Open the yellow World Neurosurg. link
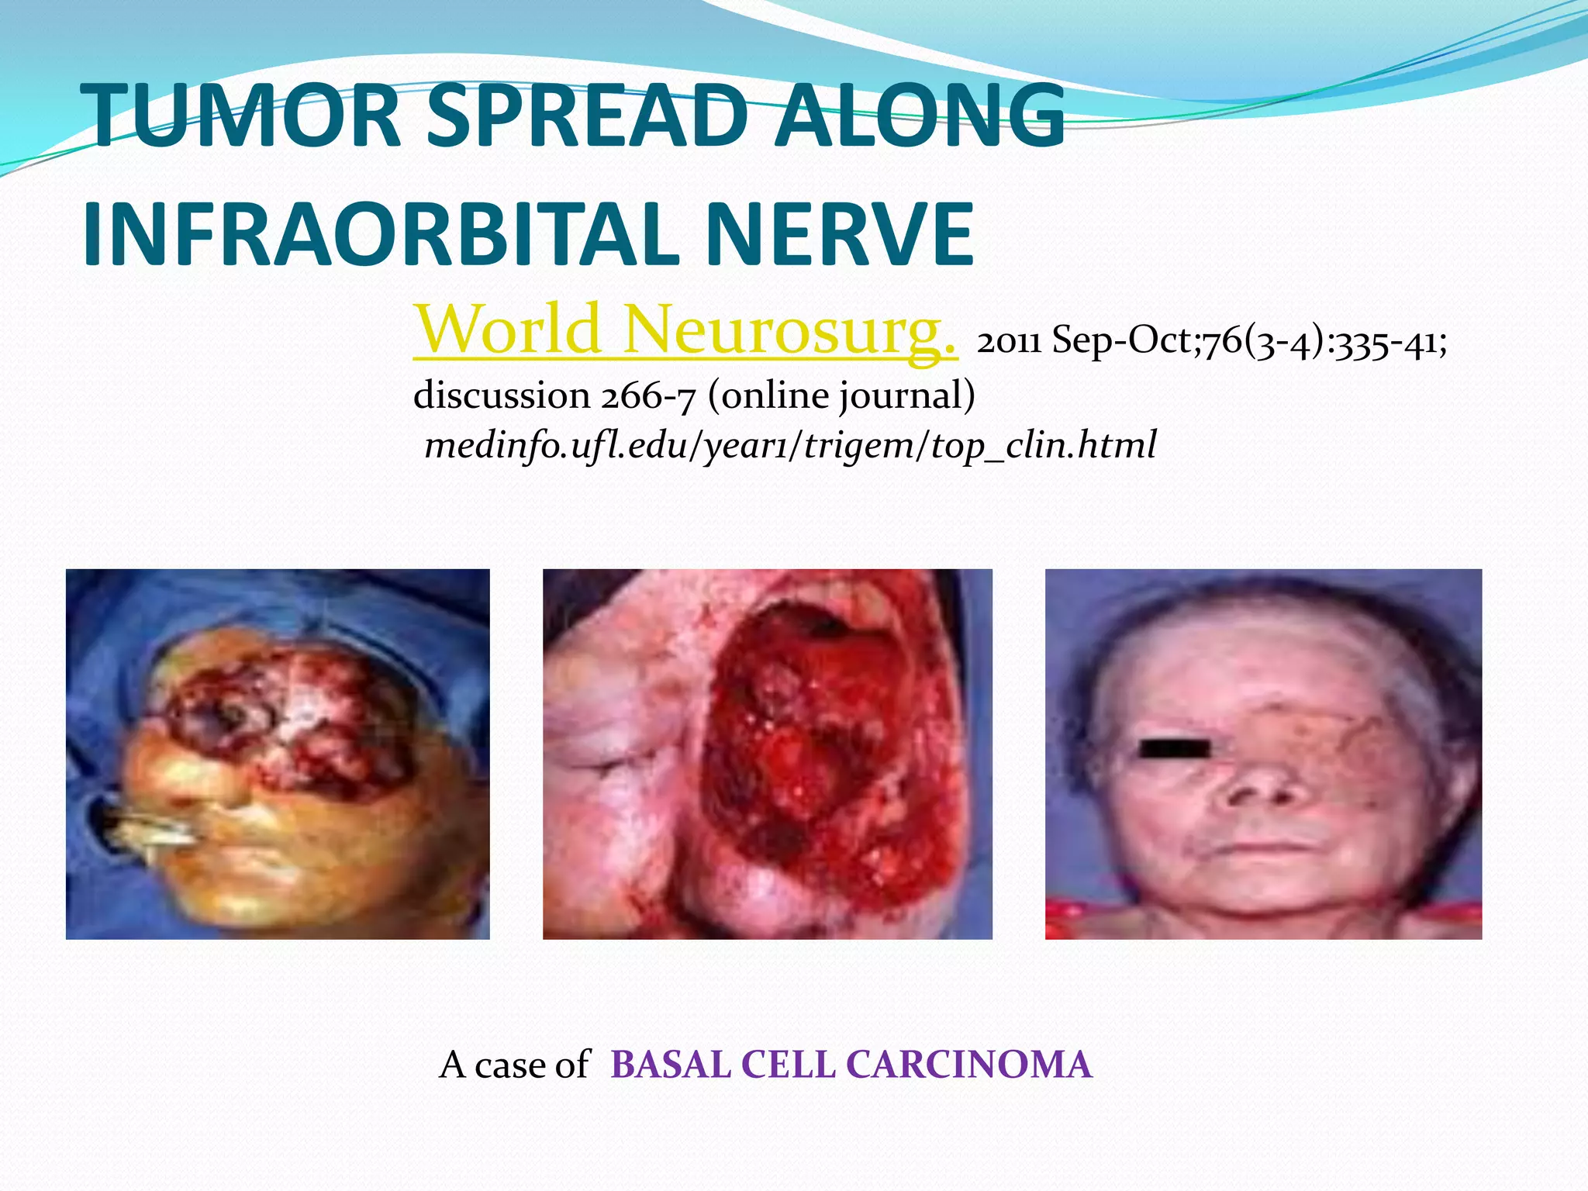point(685,330)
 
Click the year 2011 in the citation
point(1009,341)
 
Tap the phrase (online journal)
point(841,395)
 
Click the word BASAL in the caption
point(671,1065)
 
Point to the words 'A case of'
point(514,1065)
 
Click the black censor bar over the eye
point(1175,748)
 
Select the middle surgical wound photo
point(767,754)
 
